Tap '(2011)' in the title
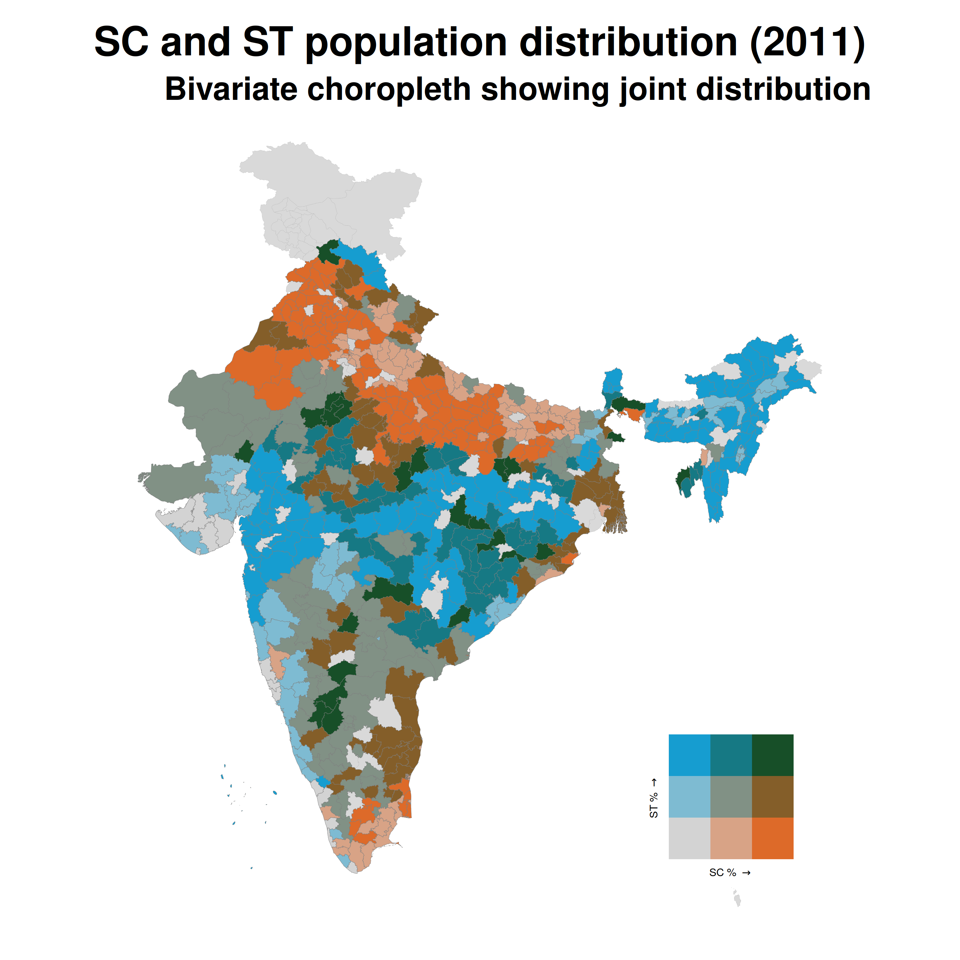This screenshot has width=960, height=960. pos(807,43)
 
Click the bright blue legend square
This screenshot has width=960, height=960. pos(689,755)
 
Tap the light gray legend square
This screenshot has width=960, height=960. pos(689,838)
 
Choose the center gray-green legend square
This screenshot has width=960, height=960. pos(731,796)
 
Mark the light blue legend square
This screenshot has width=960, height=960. pos(689,796)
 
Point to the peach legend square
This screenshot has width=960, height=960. pos(731,838)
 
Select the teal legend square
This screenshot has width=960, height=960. pos(731,755)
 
